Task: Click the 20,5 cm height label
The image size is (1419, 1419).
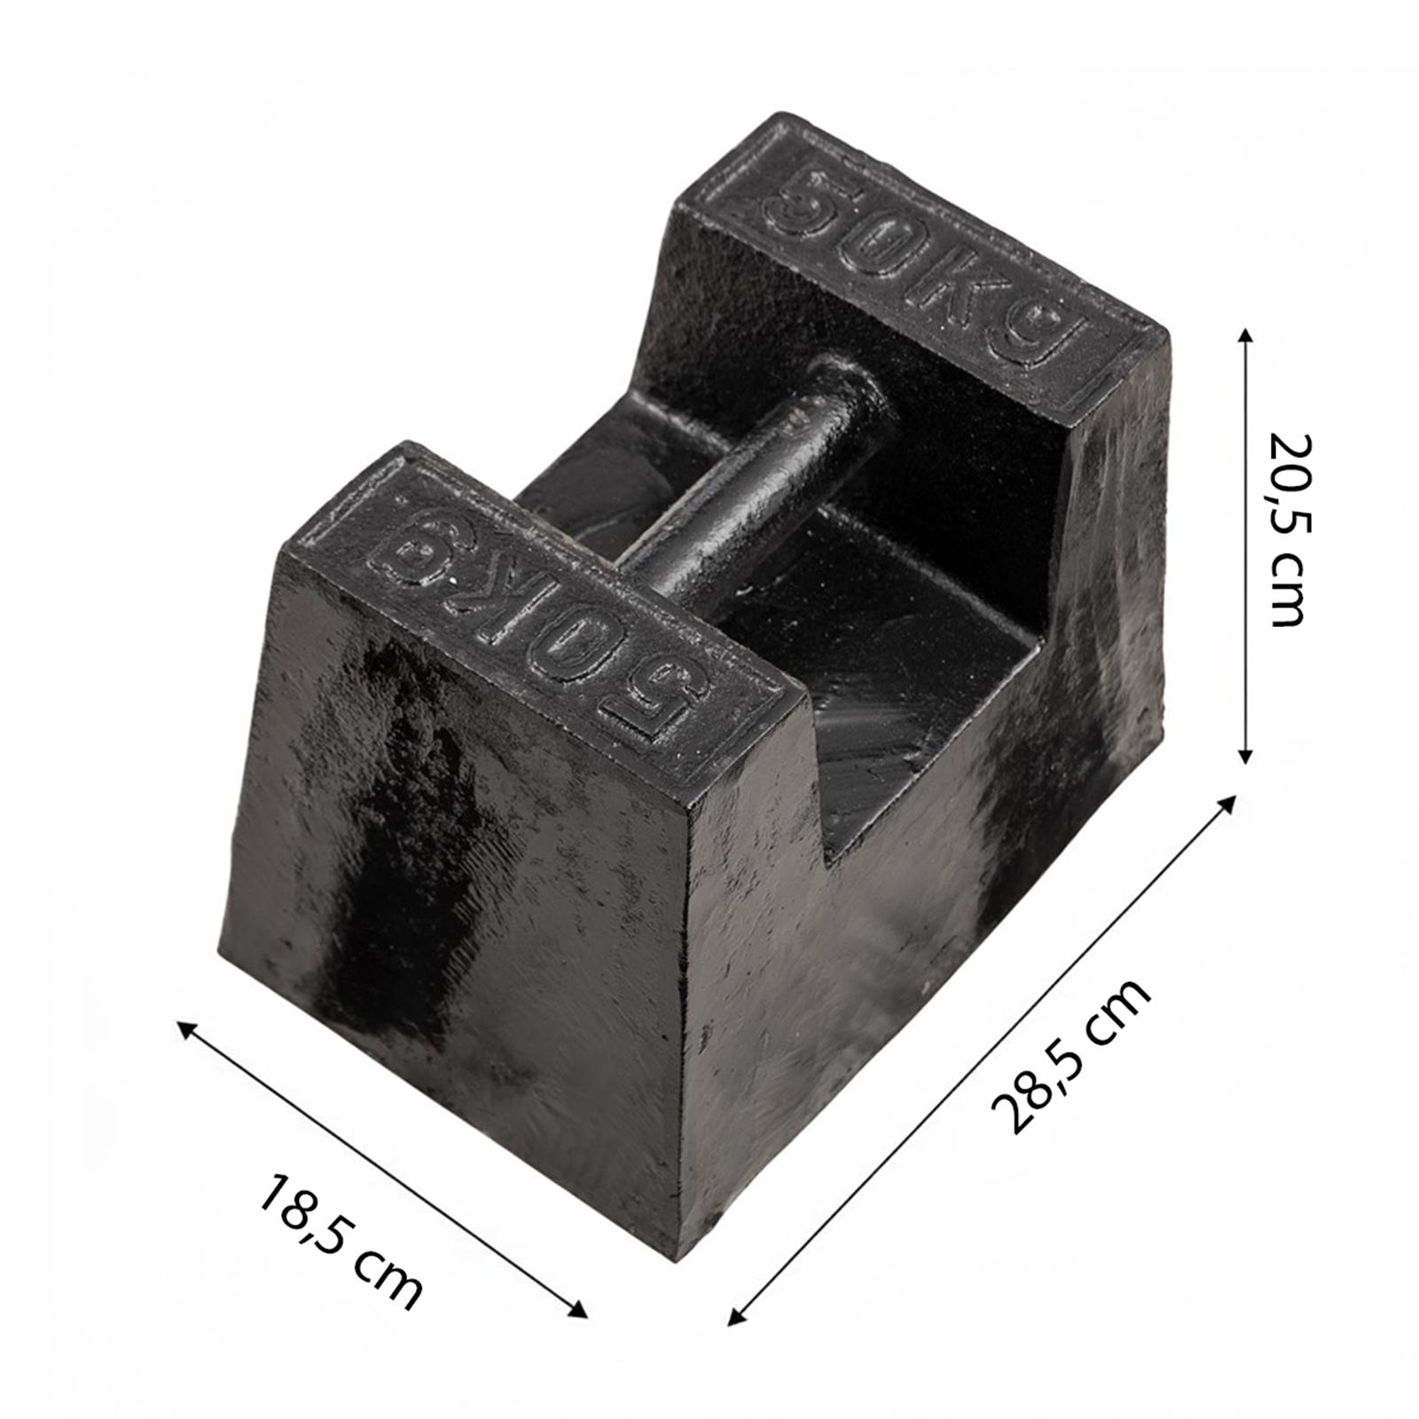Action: point(1287,530)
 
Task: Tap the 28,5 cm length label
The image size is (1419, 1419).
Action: point(1070,1055)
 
